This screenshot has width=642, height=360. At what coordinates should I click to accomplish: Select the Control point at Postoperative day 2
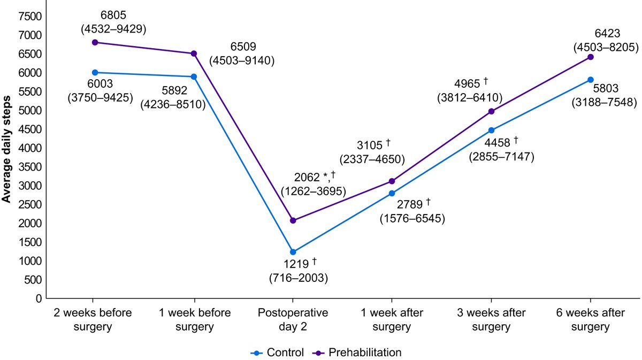[293, 252]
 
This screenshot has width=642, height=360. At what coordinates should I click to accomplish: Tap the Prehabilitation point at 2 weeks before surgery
[95, 42]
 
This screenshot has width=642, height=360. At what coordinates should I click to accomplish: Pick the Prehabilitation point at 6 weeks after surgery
[591, 57]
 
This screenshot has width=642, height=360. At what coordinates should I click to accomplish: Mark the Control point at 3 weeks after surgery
[491, 130]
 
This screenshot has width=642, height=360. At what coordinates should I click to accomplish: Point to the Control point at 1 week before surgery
[194, 76]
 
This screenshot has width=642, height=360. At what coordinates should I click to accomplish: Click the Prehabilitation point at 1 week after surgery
[392, 181]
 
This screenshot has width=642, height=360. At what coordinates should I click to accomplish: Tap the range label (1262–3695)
[314, 191]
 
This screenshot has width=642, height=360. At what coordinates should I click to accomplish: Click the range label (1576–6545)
[412, 218]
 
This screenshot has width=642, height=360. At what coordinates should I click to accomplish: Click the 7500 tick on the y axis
[32, 17]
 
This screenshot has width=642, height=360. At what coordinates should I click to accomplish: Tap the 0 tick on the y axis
[39, 298]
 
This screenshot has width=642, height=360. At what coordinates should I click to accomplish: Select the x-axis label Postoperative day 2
[293, 320]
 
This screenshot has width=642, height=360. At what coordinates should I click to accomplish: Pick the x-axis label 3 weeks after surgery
[491, 320]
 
